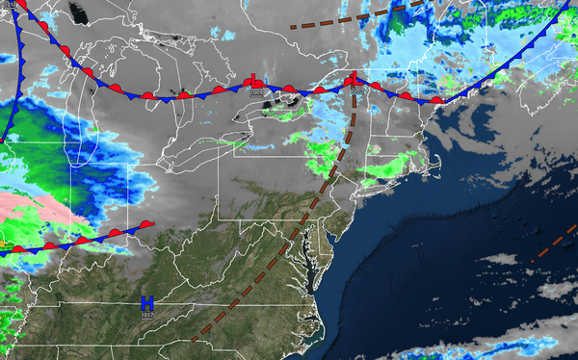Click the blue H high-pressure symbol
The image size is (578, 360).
147,303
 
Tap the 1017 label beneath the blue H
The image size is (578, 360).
147,315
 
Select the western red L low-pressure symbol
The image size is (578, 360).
254,83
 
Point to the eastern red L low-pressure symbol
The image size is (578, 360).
354,78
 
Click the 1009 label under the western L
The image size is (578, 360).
254,93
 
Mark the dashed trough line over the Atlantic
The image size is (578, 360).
553,244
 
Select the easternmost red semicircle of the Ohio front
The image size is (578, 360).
146,223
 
